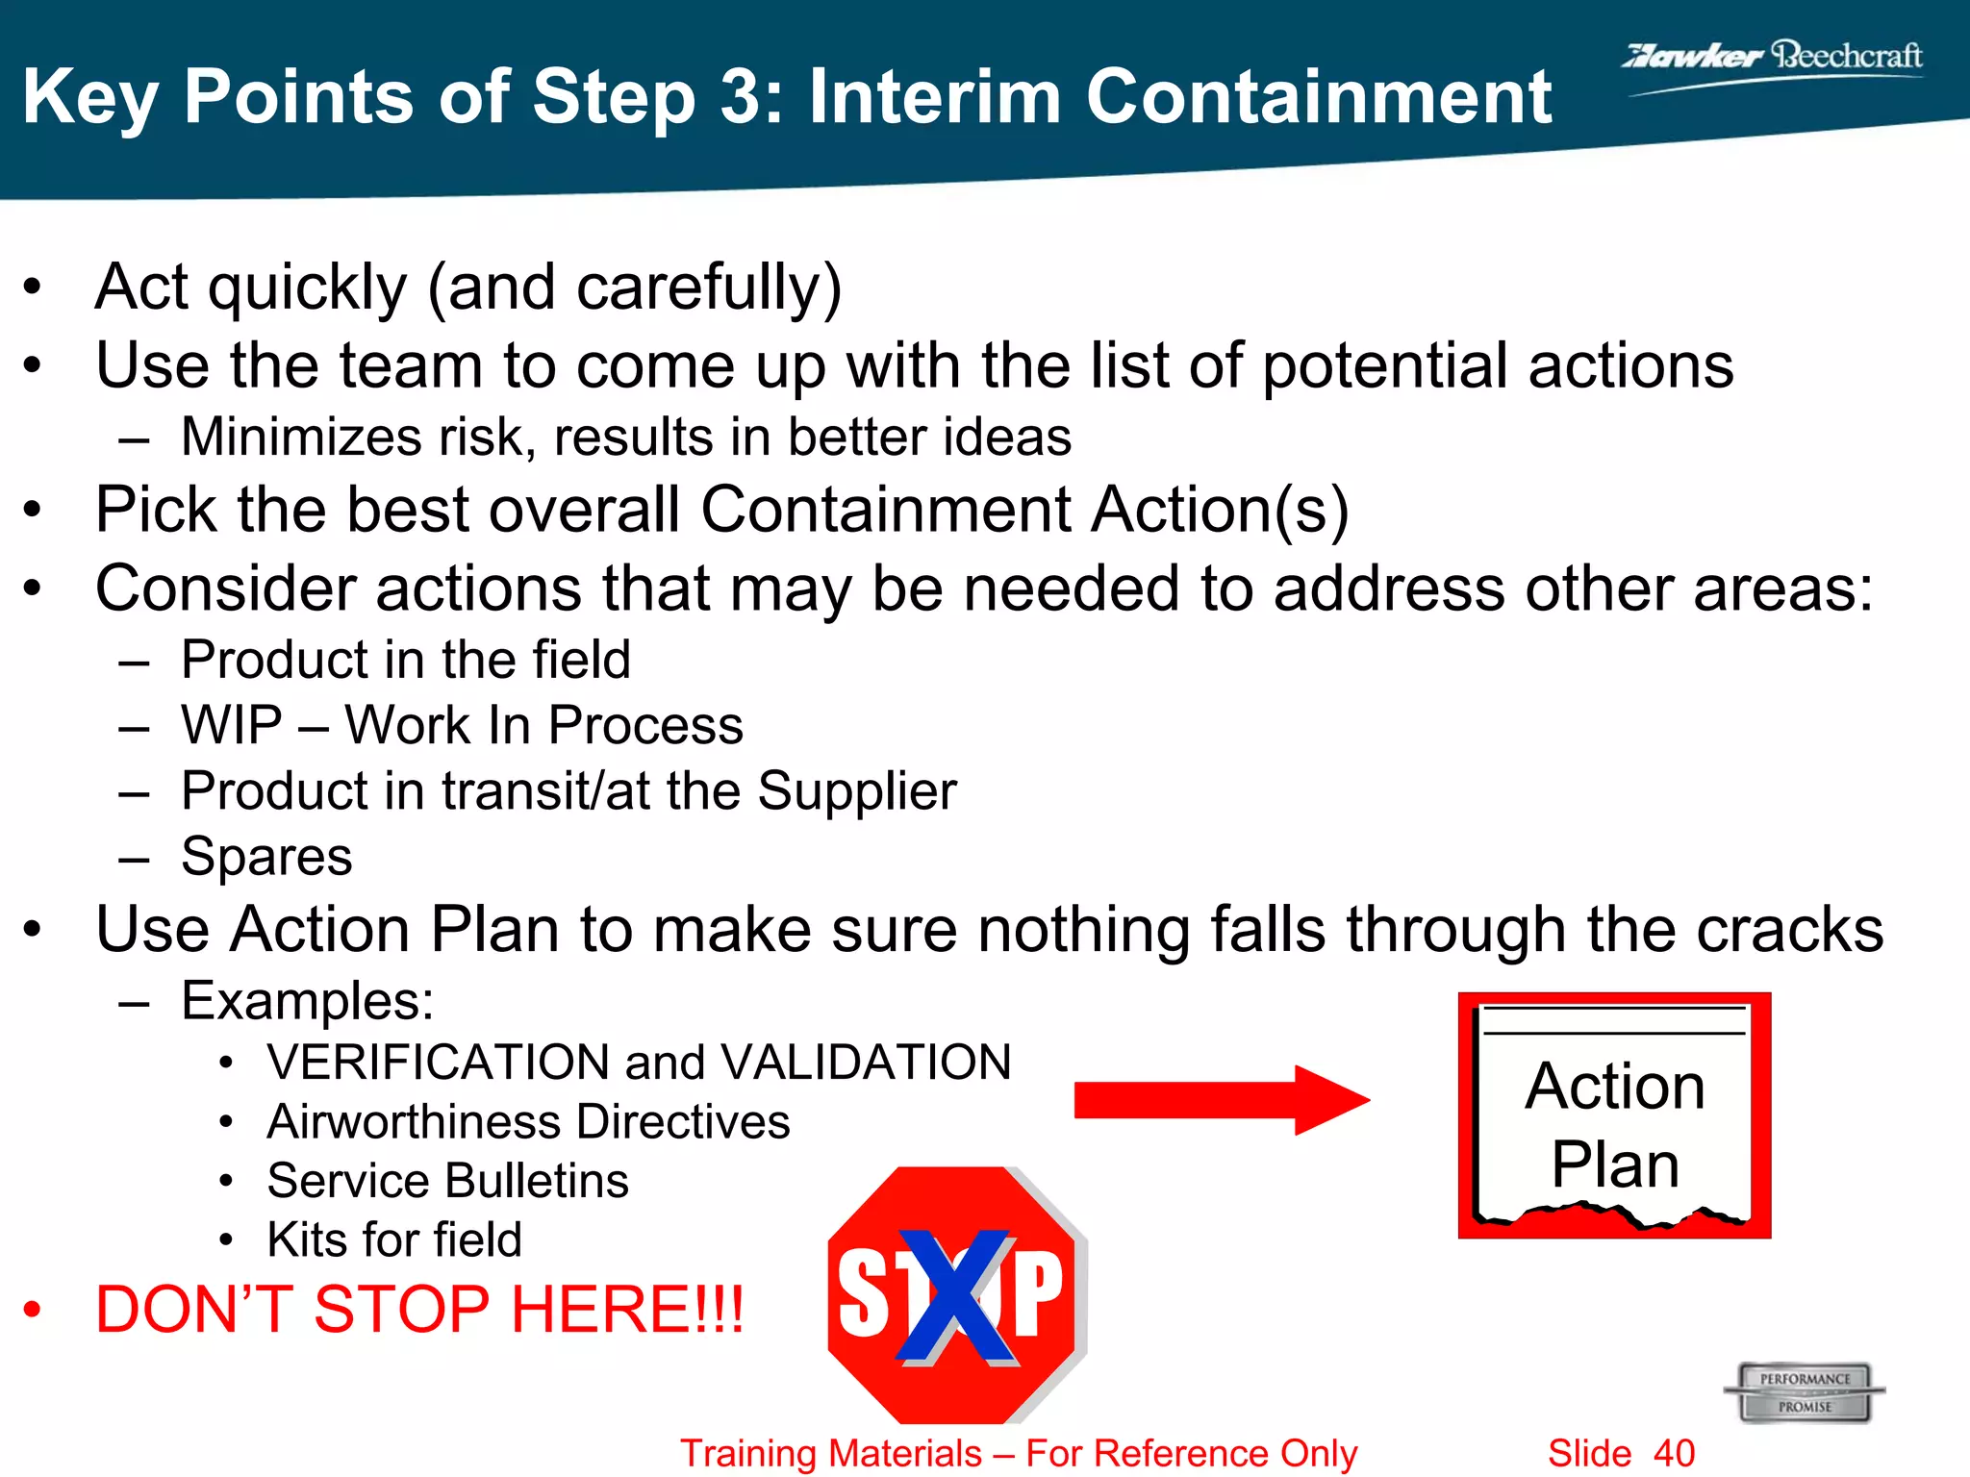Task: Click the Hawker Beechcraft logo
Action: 1772,60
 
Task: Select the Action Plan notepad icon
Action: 1614,1115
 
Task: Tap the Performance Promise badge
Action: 1805,1391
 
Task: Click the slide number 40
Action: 1674,1453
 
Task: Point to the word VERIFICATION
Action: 438,1063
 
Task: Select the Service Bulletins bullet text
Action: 447,1181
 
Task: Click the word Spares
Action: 266,857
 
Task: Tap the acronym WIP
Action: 231,725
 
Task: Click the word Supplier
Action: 856,791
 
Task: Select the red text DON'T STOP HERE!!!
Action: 419,1310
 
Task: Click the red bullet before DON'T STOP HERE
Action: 33,1310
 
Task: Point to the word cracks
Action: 1789,930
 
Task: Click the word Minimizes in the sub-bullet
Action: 301,438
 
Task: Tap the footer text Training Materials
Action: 831,1453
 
